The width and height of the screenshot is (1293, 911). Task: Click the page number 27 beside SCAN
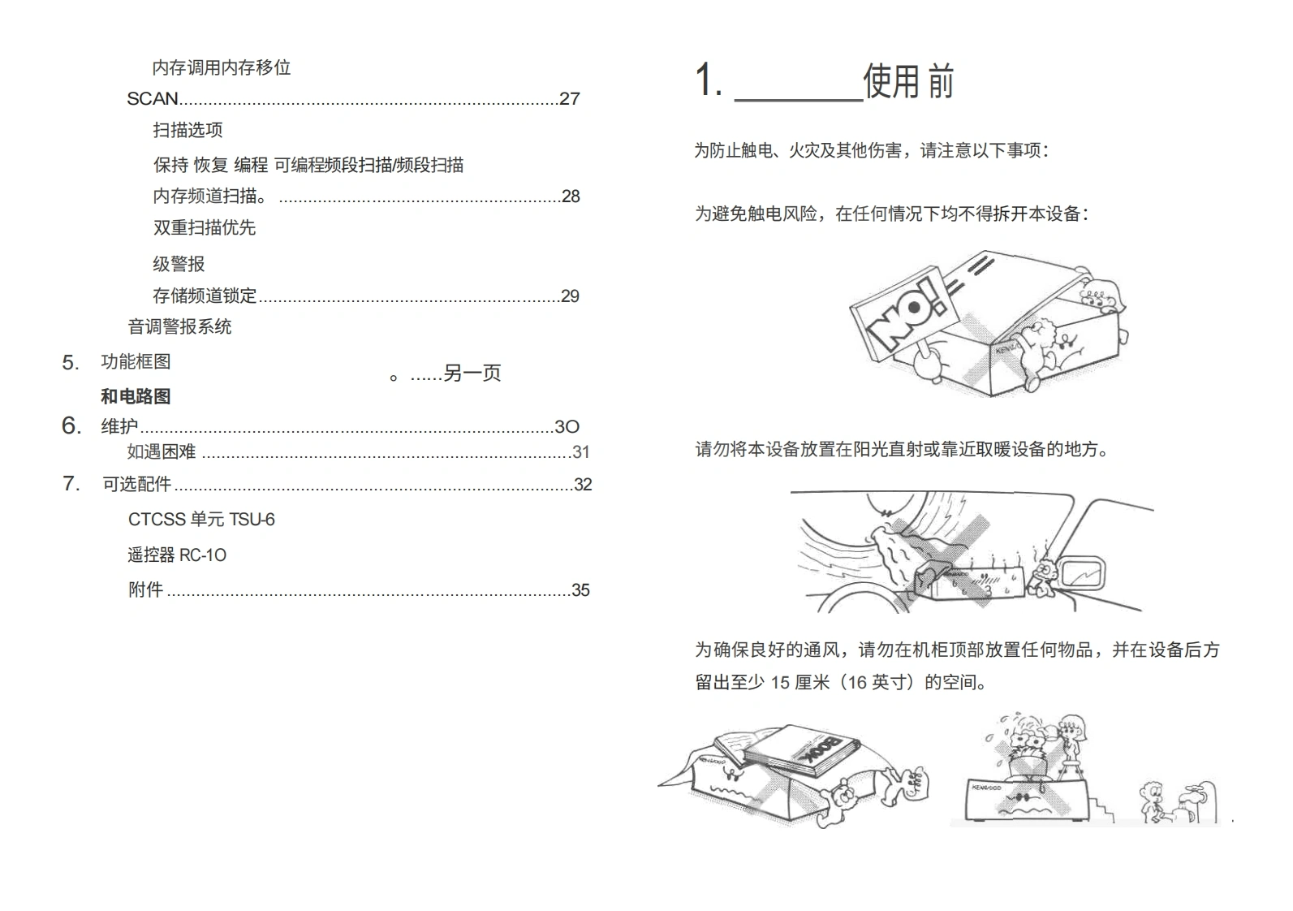570,99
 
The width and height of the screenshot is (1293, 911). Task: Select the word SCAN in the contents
153,99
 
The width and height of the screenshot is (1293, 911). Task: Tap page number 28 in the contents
571,196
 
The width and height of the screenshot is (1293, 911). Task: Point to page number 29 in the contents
570,296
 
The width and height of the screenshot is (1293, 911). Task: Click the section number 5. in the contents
71,363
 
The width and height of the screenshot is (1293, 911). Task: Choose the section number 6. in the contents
71,426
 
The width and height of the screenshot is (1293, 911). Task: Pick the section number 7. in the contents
71,484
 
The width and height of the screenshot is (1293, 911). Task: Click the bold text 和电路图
136,397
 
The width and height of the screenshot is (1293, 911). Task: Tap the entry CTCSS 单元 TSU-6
201,520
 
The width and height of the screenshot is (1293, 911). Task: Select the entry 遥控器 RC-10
177,555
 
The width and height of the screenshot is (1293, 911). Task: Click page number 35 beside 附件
580,590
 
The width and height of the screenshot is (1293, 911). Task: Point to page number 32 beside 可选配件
583,485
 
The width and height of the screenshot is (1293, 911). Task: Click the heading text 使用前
908,81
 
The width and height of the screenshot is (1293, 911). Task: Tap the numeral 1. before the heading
708,81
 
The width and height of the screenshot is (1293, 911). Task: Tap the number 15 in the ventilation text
780,683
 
